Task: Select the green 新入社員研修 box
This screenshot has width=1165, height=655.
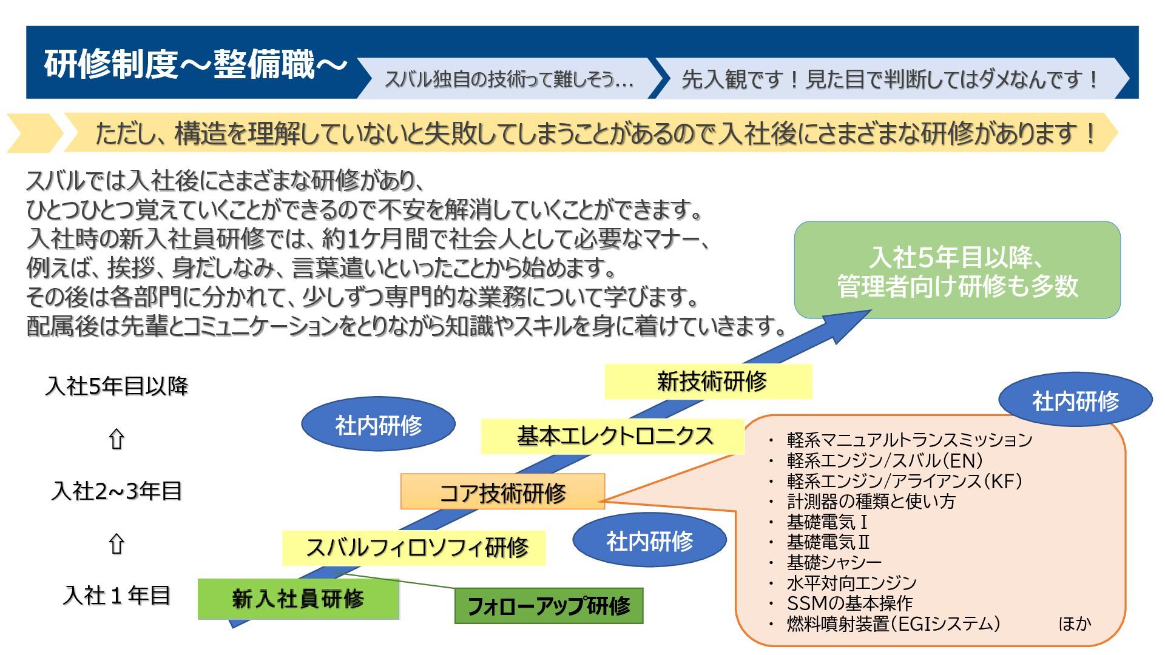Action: tap(298, 599)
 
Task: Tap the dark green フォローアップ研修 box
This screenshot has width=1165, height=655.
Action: tap(549, 605)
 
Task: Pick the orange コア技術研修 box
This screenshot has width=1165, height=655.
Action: tap(502, 492)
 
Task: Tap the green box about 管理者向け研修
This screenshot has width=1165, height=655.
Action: tap(957, 270)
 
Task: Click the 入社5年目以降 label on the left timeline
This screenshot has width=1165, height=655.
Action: tap(116, 386)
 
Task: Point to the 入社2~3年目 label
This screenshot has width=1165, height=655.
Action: tap(116, 491)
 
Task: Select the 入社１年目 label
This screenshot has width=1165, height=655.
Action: tap(116, 595)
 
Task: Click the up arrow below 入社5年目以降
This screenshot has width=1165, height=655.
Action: tap(116, 439)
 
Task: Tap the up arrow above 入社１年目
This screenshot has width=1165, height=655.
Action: tap(116, 544)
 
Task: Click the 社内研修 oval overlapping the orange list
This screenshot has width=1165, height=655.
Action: tap(1075, 400)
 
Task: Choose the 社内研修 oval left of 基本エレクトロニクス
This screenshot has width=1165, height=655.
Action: tap(378, 425)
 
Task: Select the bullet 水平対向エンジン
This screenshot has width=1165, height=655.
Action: tap(851, 583)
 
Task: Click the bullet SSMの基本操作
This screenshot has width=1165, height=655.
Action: tap(849, 603)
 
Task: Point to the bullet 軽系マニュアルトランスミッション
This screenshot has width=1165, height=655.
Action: tap(909, 440)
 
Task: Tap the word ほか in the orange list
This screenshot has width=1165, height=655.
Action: tap(1074, 623)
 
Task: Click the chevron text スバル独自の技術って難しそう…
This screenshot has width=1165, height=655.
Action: tap(508, 79)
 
